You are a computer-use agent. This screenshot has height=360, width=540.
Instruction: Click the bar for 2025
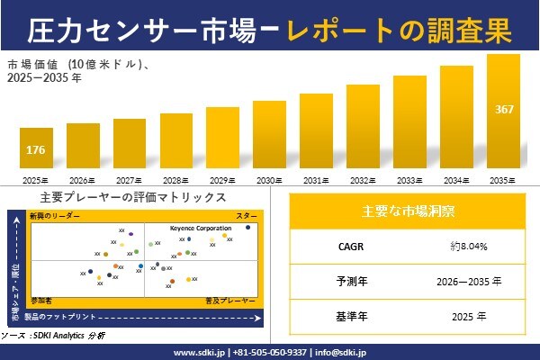36,148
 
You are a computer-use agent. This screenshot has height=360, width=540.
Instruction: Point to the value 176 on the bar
36,149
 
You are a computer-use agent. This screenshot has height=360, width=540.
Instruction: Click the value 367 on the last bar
504,110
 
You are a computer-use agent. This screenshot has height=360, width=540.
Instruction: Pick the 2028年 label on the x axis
176,180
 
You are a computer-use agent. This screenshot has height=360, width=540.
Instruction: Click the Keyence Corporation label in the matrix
200,229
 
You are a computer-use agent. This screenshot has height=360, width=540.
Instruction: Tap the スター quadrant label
246,217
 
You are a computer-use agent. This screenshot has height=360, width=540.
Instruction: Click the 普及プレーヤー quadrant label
237,298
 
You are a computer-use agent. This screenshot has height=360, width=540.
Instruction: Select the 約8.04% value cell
469,246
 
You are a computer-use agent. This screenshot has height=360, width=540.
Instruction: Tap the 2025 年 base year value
469,317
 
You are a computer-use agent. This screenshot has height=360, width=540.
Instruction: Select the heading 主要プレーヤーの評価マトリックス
133,197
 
